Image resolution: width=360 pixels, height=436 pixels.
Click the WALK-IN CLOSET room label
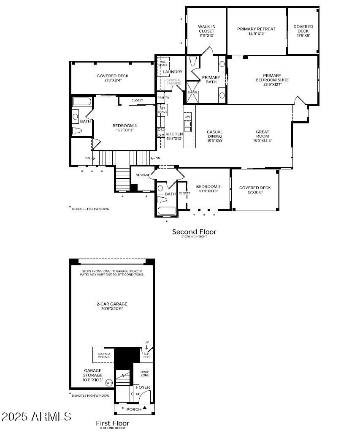(x=206, y=31)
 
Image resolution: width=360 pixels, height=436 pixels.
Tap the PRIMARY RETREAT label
(x=256, y=31)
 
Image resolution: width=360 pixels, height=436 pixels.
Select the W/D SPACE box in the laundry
(x=163, y=63)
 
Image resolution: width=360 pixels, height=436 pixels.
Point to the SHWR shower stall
(x=192, y=93)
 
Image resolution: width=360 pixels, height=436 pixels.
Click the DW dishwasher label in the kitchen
(x=187, y=116)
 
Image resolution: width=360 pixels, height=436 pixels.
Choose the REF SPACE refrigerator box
(x=162, y=110)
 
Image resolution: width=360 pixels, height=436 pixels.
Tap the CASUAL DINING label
(x=214, y=136)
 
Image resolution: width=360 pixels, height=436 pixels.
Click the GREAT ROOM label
(x=262, y=136)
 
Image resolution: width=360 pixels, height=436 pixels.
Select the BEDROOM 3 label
(x=124, y=128)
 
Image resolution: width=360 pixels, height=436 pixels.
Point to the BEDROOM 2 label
(x=208, y=188)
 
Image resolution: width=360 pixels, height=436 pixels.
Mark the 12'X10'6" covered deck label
(x=255, y=193)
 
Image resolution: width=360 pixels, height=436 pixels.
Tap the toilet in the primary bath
(x=193, y=62)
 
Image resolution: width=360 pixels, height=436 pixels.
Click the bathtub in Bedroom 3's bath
(x=82, y=101)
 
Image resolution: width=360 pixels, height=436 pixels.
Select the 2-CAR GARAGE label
(x=112, y=306)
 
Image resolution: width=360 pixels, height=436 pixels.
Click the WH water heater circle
(x=108, y=383)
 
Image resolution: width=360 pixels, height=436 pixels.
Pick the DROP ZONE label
(x=145, y=373)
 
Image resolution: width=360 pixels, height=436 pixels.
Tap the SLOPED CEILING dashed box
(x=103, y=355)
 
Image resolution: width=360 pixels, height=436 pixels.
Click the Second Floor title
(x=194, y=232)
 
